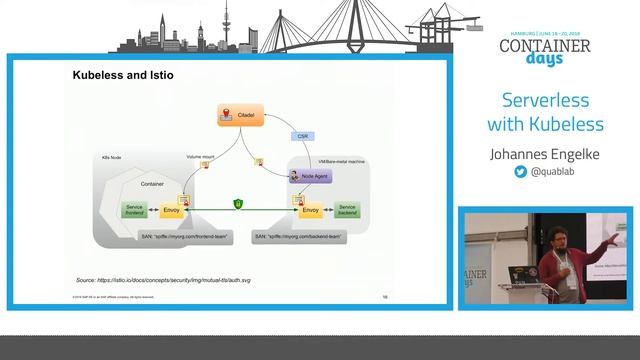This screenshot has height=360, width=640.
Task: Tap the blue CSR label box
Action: coord(303,135)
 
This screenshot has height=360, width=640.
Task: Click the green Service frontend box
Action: coord(133,209)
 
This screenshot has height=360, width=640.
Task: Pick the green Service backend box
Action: coord(345,209)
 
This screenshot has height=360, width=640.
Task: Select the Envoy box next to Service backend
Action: coord(309,209)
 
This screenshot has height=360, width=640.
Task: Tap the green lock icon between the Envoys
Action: coord(239,204)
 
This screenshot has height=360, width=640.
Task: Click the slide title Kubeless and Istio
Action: coord(122,75)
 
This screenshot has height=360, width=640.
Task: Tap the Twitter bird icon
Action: coord(520,172)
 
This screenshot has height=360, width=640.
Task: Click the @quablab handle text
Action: coord(552,172)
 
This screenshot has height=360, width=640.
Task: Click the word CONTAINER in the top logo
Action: coord(545,45)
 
